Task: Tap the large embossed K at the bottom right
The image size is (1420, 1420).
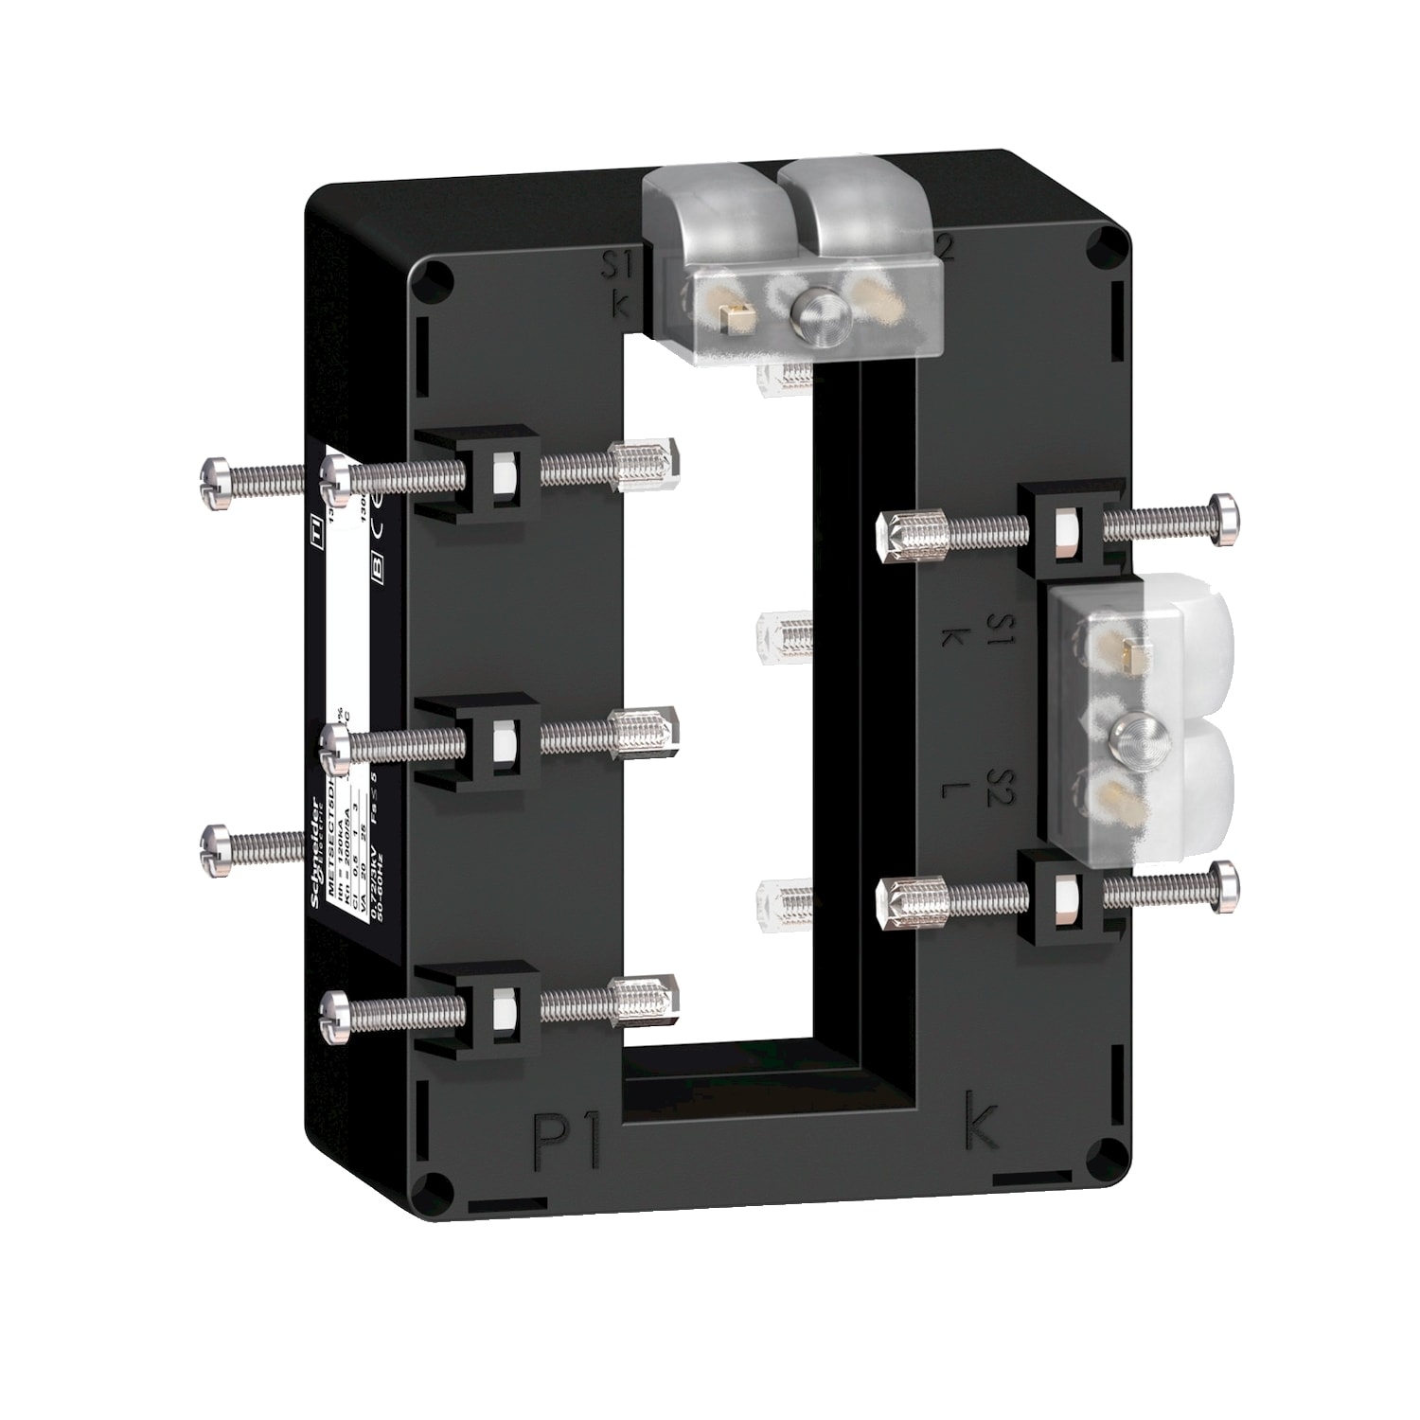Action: (980, 1123)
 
